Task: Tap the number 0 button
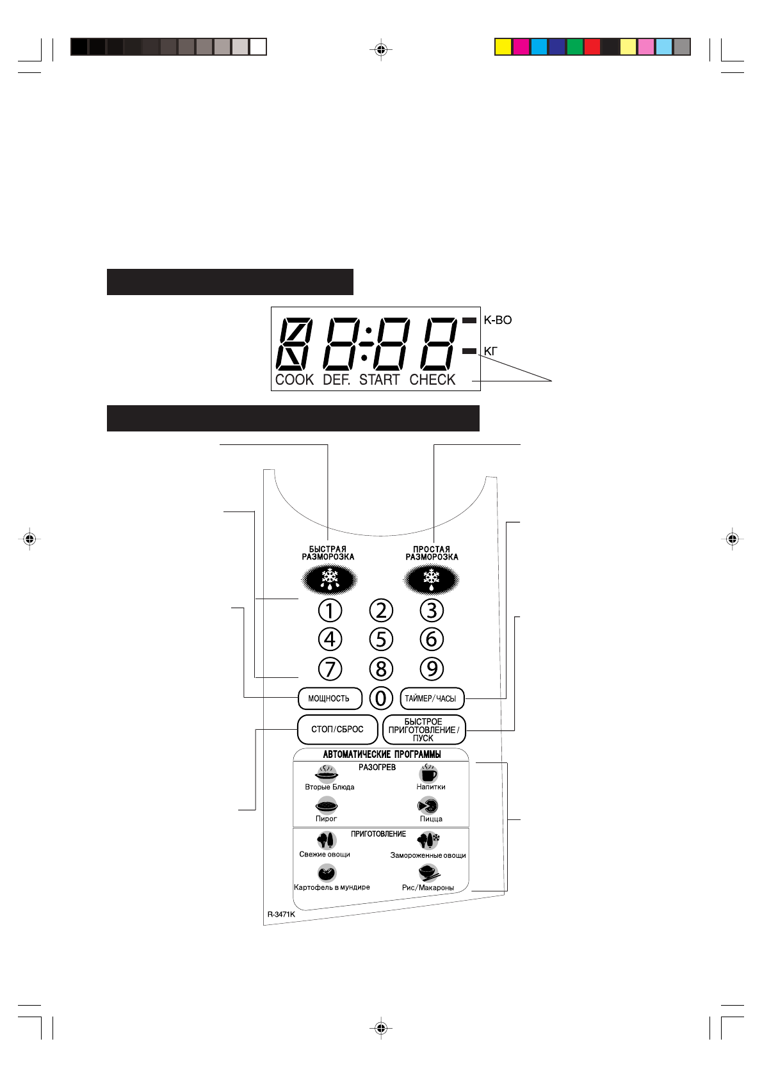(381, 698)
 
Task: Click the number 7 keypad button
(330, 669)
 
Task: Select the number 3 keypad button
(432, 610)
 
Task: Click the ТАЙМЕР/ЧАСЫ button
(432, 698)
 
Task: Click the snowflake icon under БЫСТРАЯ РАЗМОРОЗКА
(329, 579)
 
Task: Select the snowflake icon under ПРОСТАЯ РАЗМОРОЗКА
(431, 579)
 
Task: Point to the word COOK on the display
(295, 380)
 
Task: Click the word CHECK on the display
(432, 380)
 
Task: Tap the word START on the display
(379, 380)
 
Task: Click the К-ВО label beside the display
(498, 320)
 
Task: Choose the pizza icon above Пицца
(428, 805)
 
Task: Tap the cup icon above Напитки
(428, 773)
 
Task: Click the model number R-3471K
(281, 914)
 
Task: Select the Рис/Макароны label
(428, 888)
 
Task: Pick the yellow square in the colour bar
(503, 47)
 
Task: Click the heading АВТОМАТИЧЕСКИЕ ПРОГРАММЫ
(382, 754)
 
